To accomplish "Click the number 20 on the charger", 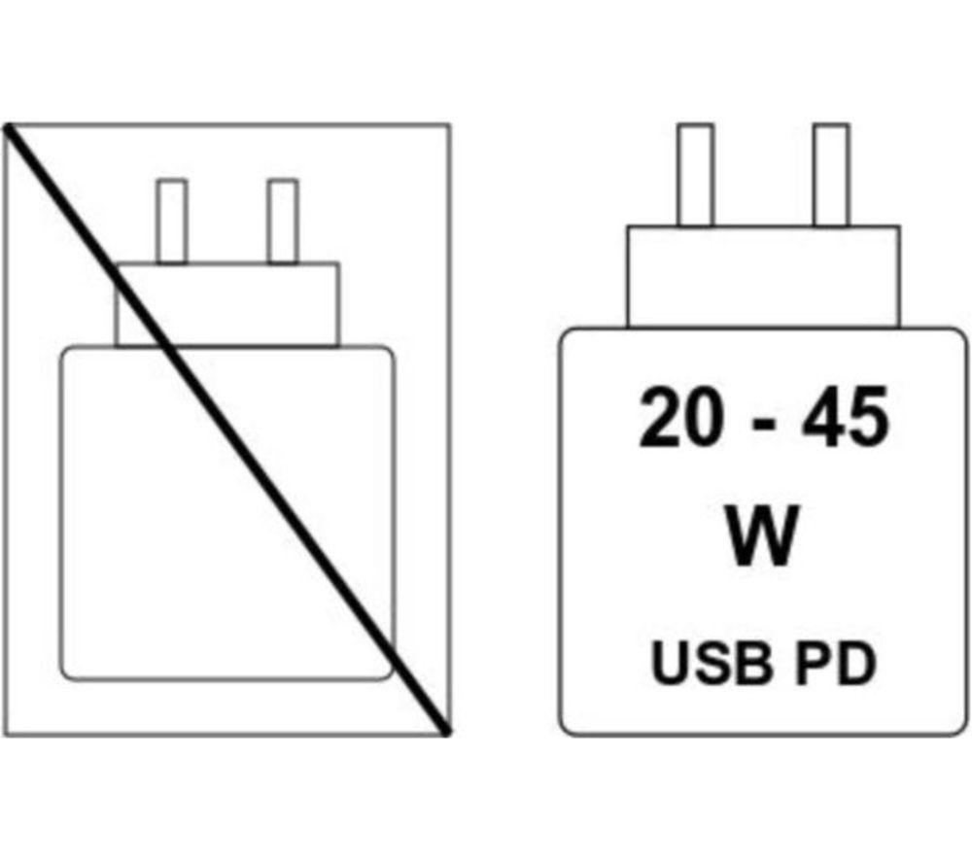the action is click(x=680, y=417).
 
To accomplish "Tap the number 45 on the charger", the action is click(x=845, y=417).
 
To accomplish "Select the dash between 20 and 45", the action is click(x=762, y=426).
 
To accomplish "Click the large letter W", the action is click(x=762, y=536).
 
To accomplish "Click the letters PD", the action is click(x=836, y=663).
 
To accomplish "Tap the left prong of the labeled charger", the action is click(x=695, y=175).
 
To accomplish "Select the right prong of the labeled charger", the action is click(x=831, y=175).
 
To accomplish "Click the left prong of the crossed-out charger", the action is click(x=172, y=222).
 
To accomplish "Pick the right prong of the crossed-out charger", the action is click(x=283, y=222).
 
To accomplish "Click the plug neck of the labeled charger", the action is click(x=763, y=276).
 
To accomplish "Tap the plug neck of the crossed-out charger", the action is click(x=226, y=304).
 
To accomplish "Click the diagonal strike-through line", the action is click(x=226, y=430).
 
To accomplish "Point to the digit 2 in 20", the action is click(x=659, y=417).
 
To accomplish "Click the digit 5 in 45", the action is click(x=868, y=417).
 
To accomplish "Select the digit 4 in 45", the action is click(x=822, y=417).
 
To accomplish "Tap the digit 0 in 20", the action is click(x=702, y=417).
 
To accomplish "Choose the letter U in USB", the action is click(x=670, y=664).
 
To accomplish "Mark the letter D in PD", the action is click(x=857, y=663).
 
